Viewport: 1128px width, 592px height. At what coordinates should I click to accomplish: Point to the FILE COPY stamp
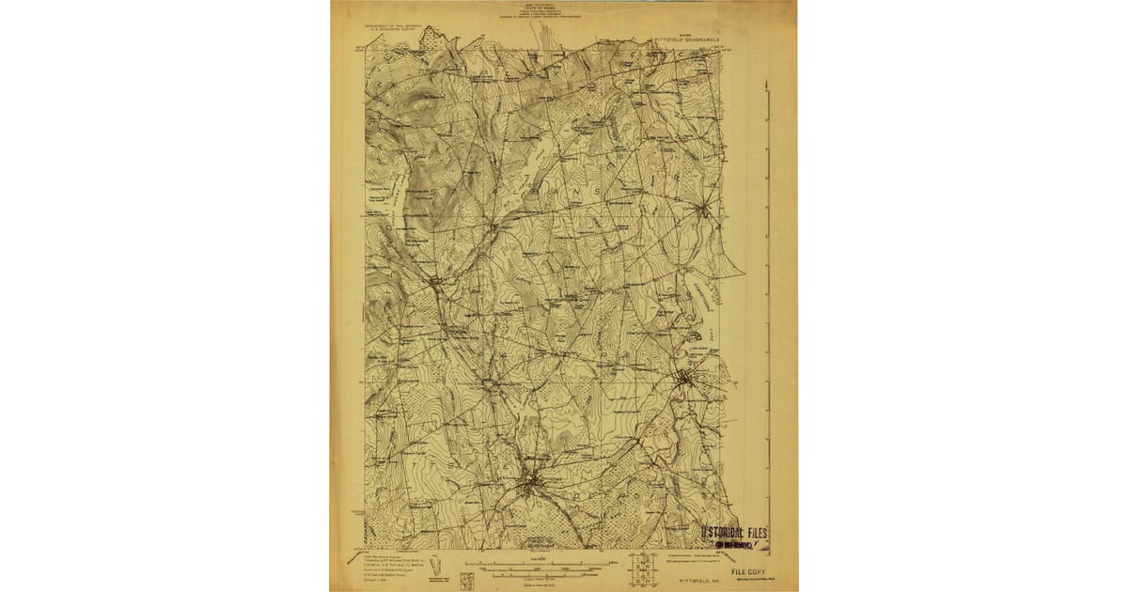coord(750,570)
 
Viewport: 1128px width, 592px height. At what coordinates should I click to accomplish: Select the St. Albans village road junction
coord(493,226)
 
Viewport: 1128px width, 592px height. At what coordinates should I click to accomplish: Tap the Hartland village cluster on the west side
coord(435,279)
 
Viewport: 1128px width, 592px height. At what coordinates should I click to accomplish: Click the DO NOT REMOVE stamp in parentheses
coord(737,544)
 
